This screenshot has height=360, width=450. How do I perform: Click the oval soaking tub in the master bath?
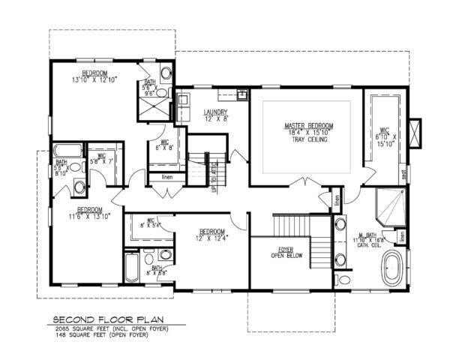[x=391, y=269]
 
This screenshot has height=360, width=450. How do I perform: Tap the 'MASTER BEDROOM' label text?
[x=308, y=125]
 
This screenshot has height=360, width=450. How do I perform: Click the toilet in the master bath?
[x=342, y=280]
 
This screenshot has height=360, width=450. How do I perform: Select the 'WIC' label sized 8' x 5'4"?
[x=151, y=220]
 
